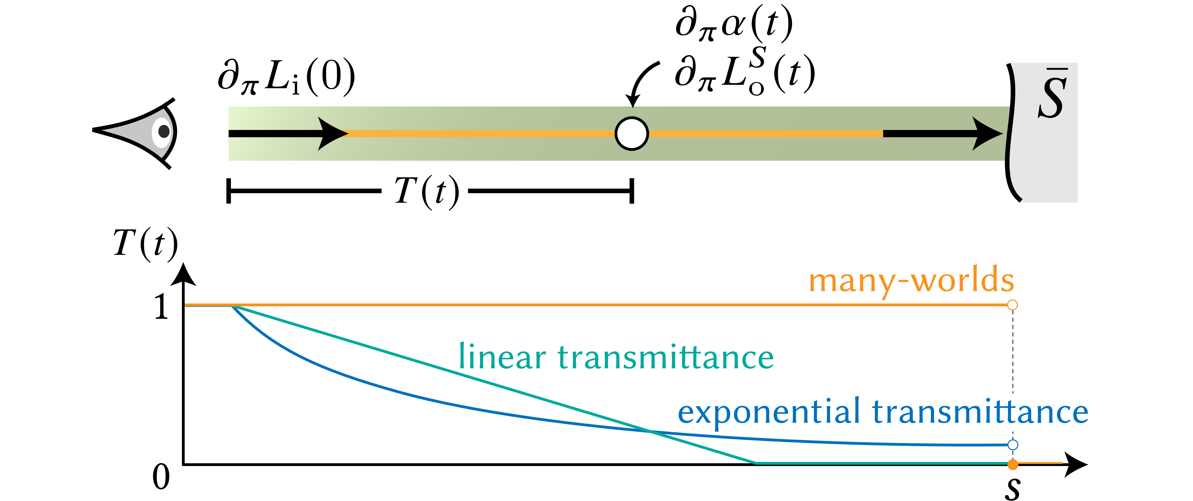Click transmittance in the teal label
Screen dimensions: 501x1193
point(665,357)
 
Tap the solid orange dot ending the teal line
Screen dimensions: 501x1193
point(1013,464)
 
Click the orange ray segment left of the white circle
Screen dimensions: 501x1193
point(482,133)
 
